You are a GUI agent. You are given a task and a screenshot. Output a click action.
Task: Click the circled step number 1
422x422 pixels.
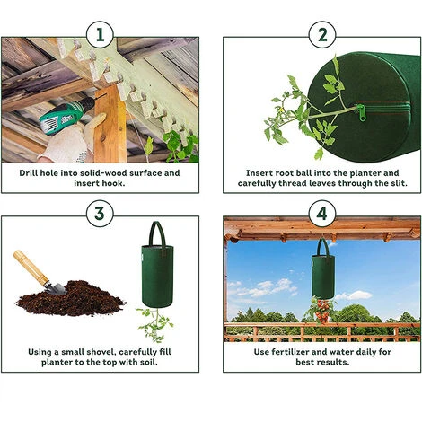[x=100, y=35]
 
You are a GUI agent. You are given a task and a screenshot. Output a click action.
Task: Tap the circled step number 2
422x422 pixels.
[x=322, y=35]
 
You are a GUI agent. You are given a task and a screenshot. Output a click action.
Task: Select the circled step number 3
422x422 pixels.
[x=100, y=214]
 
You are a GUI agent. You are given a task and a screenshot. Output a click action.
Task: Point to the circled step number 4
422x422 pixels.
[x=322, y=214]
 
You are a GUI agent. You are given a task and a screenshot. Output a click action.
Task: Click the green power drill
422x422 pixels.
[x=65, y=116]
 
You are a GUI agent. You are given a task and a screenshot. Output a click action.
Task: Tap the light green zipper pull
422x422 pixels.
[x=362, y=113]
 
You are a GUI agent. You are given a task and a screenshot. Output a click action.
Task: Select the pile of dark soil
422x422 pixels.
[x=72, y=298]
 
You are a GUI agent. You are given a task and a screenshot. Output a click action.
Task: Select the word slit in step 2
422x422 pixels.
[x=399, y=183]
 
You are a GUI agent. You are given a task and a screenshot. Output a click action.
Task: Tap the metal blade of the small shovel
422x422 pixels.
[x=56, y=288]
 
